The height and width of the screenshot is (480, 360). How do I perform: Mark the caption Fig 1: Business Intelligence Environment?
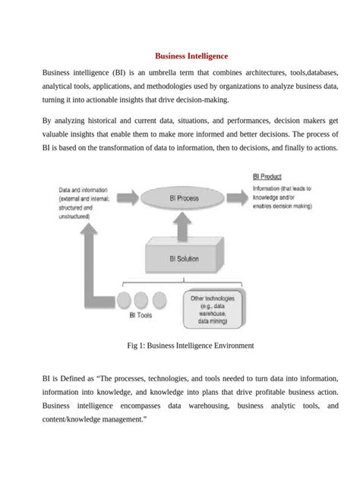click(190, 346)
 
